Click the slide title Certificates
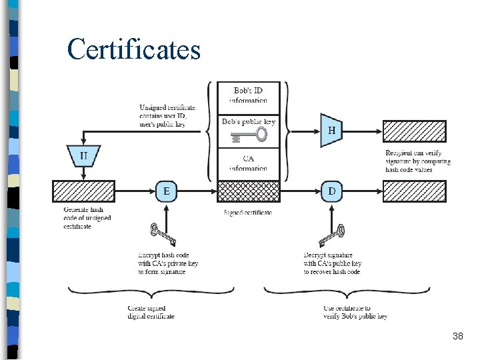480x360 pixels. (x=133, y=49)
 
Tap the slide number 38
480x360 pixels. (x=457, y=337)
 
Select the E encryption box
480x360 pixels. (x=167, y=191)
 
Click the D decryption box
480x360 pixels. (x=331, y=191)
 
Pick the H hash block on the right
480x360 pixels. (x=331, y=131)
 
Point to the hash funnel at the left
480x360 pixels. (x=83, y=156)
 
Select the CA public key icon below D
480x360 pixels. (x=331, y=235)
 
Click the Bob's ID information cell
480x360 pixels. (x=249, y=95)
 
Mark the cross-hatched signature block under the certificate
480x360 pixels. (x=249, y=191)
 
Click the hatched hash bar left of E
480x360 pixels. (x=83, y=191)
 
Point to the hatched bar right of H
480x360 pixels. (x=414, y=131)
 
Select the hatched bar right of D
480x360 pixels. (x=414, y=191)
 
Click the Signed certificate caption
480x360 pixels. (x=248, y=213)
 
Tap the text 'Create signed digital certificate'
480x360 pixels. (x=151, y=312)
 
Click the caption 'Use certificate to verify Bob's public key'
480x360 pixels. (x=355, y=312)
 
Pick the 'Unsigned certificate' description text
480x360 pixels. (x=167, y=115)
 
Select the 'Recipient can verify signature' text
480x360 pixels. (x=418, y=161)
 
